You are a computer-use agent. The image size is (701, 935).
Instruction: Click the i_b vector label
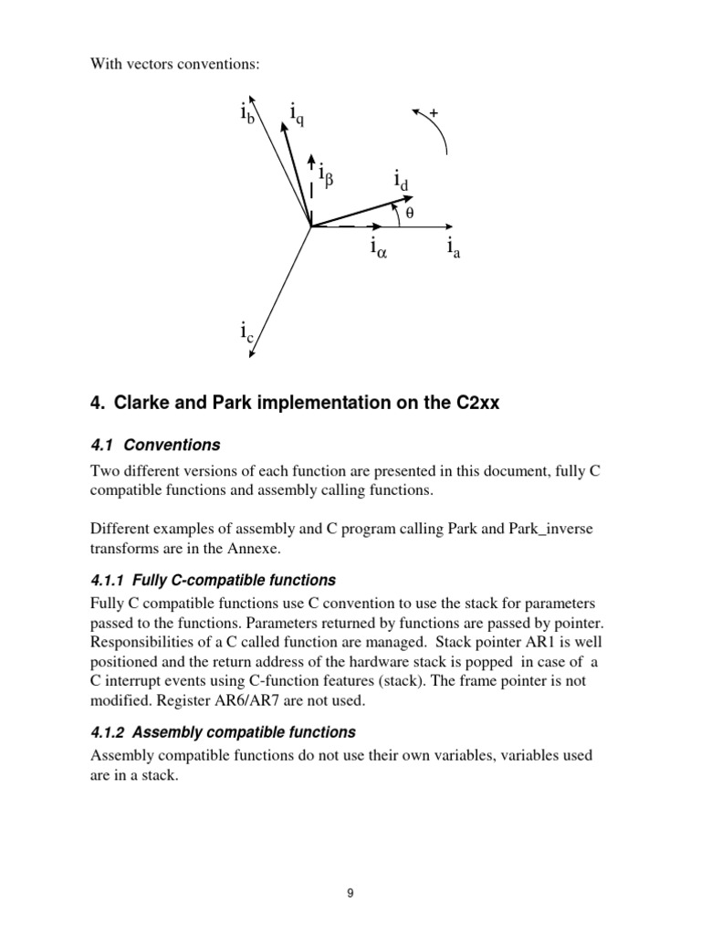[246, 114]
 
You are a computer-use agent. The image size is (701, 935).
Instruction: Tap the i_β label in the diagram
[327, 172]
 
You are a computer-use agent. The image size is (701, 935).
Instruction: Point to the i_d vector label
[401, 180]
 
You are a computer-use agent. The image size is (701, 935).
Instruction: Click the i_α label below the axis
[378, 247]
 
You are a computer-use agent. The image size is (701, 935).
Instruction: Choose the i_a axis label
[453, 247]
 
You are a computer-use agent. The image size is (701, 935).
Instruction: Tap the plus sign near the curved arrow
[434, 112]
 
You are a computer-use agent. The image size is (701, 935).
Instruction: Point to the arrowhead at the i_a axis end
[448, 227]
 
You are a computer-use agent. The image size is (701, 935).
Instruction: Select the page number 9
[350, 894]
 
